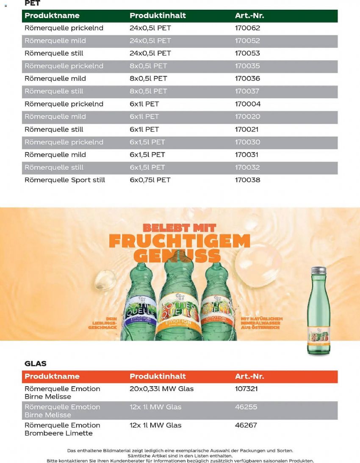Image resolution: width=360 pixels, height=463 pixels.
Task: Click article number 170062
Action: pyautogui.click(x=247, y=28)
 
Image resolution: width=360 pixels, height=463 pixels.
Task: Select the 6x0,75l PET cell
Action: pyautogui.click(x=150, y=180)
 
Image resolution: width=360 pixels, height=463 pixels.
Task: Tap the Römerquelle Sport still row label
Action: pyautogui.click(x=65, y=180)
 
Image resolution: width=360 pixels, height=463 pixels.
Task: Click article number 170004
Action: pyautogui.click(x=248, y=104)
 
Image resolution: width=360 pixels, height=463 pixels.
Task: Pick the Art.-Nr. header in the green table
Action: pyautogui.click(x=249, y=16)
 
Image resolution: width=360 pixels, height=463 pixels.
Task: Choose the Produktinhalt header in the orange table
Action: pyautogui.click(x=158, y=376)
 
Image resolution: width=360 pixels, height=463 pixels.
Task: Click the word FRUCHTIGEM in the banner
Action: pyautogui.click(x=180, y=241)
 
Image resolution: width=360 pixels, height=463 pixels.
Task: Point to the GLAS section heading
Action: pyautogui.click(x=36, y=363)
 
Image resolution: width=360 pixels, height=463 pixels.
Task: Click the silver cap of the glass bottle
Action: pyautogui.click(x=318, y=270)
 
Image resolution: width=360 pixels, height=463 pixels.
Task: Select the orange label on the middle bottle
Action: pyautogui.click(x=178, y=315)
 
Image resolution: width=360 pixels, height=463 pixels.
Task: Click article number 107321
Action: pyautogui.click(x=246, y=389)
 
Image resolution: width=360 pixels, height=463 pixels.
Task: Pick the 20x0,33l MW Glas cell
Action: pyautogui.click(x=161, y=389)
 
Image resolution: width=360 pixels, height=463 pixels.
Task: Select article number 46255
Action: pyautogui.click(x=246, y=407)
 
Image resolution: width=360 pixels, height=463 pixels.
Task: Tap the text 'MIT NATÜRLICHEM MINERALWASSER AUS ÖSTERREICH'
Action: pyautogui.click(x=261, y=323)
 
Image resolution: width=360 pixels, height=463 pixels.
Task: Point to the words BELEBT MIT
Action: pyautogui.click(x=180, y=227)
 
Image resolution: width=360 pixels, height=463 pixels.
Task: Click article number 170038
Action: pyautogui.click(x=248, y=180)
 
